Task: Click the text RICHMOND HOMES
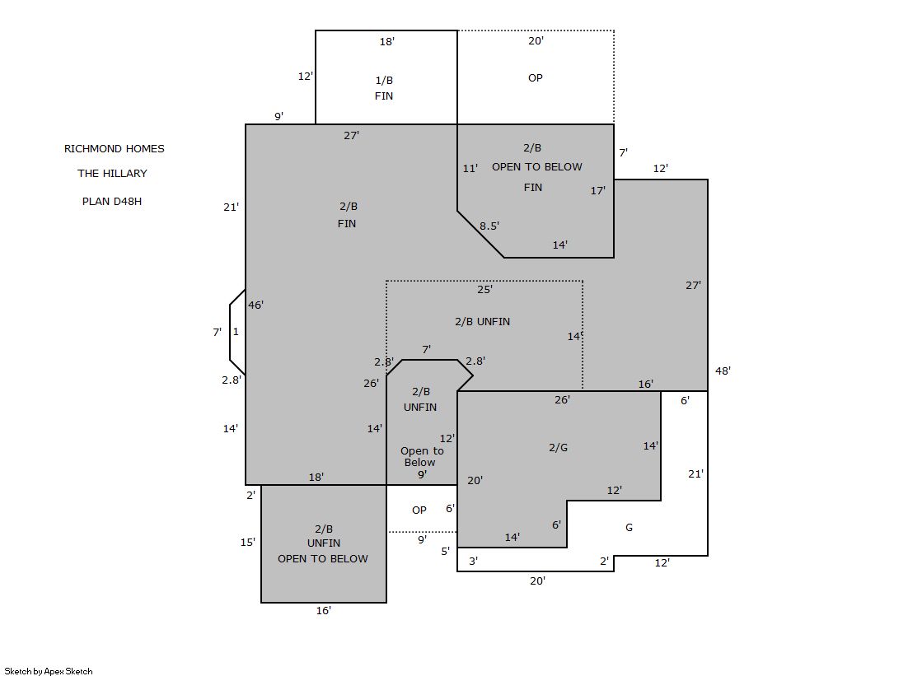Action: pyautogui.click(x=114, y=149)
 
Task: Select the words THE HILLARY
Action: pyautogui.click(x=112, y=174)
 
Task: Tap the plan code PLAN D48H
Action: pyautogui.click(x=112, y=201)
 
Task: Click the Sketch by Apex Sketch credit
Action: pyautogui.click(x=49, y=671)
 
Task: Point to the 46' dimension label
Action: pyautogui.click(x=255, y=305)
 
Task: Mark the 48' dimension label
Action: pyautogui.click(x=723, y=371)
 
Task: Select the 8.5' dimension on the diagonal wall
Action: pyautogui.click(x=489, y=226)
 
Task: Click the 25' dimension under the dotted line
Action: pyautogui.click(x=484, y=289)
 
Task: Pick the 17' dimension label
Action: pyautogui.click(x=598, y=190)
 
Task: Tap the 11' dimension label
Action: pyautogui.click(x=470, y=169)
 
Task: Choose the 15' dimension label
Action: pyautogui.click(x=247, y=542)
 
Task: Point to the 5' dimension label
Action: pyautogui.click(x=445, y=552)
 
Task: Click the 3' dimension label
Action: pyautogui.click(x=473, y=562)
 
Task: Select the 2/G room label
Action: pyautogui.click(x=558, y=447)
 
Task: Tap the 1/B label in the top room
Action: pyautogui.click(x=384, y=80)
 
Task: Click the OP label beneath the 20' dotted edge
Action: pyautogui.click(x=535, y=77)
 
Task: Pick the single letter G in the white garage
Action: pyautogui.click(x=629, y=527)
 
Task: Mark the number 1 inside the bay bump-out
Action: pyautogui.click(x=236, y=332)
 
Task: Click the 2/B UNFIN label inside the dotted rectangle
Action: pyautogui.click(x=482, y=322)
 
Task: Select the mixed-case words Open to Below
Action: pyautogui.click(x=422, y=456)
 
